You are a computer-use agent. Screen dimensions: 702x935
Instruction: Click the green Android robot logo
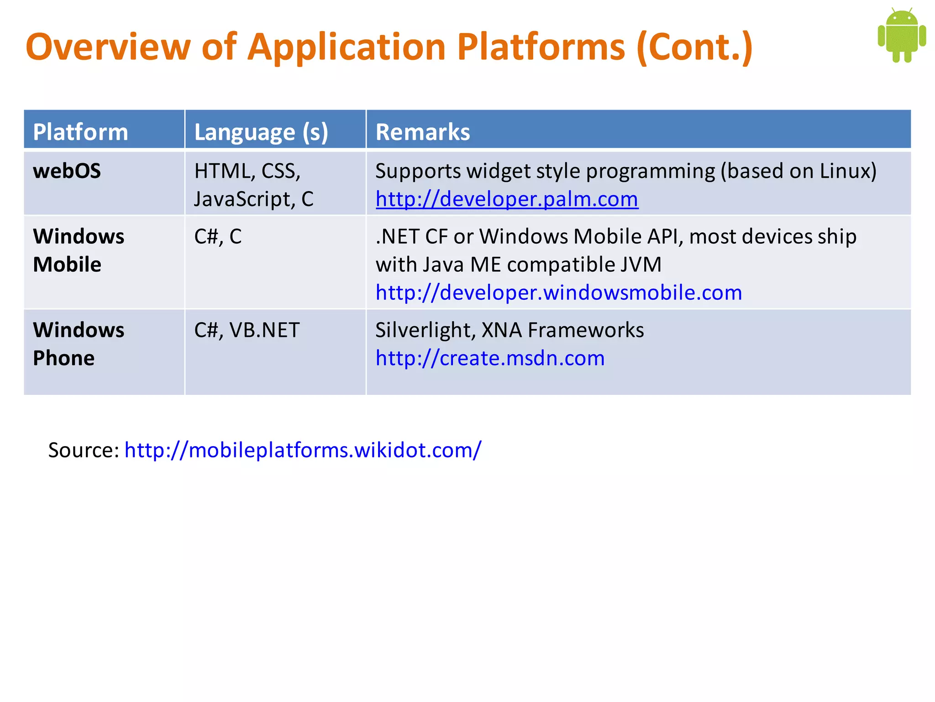pyautogui.click(x=901, y=36)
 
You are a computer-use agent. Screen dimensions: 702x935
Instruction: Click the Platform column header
pyautogui.click(x=80, y=132)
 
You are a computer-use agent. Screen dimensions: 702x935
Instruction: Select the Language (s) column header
pyautogui.click(x=261, y=132)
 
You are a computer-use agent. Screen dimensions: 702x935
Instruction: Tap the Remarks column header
pyautogui.click(x=422, y=132)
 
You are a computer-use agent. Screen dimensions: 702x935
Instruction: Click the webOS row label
pyautogui.click(x=67, y=171)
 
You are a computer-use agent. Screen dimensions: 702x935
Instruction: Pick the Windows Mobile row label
pyautogui.click(x=78, y=250)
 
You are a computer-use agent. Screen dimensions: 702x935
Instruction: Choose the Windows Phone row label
pyautogui.click(x=78, y=344)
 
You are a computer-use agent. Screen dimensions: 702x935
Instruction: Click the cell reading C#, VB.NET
pyautogui.click(x=247, y=330)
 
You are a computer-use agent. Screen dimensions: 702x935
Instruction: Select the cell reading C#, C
pyautogui.click(x=218, y=237)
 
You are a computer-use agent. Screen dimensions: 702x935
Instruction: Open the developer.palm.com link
pyautogui.click(x=507, y=199)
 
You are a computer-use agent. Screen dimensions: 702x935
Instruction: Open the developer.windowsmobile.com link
pyautogui.click(x=558, y=292)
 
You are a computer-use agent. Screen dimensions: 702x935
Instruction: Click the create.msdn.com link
pyautogui.click(x=489, y=358)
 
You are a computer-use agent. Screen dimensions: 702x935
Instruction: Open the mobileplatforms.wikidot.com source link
pyautogui.click(x=303, y=450)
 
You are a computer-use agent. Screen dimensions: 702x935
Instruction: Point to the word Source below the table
pyautogui.click(x=83, y=450)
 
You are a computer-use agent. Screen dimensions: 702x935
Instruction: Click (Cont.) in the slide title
pyautogui.click(x=694, y=47)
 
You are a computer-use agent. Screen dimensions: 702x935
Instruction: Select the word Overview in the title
pyautogui.click(x=108, y=47)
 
